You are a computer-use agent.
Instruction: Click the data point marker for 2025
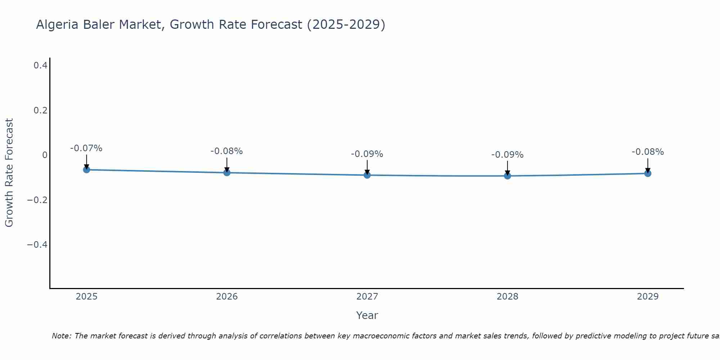pyautogui.click(x=86, y=170)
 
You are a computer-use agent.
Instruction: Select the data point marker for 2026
pyautogui.click(x=227, y=172)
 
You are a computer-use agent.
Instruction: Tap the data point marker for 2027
pyautogui.click(x=367, y=175)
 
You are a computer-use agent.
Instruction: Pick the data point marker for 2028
pyautogui.click(x=507, y=176)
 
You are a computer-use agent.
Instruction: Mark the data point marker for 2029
pyautogui.click(x=648, y=174)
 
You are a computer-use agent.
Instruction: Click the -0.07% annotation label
pyautogui.click(x=86, y=148)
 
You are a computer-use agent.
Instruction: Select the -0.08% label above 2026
pyautogui.click(x=227, y=151)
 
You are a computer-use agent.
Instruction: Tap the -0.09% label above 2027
pyautogui.click(x=367, y=154)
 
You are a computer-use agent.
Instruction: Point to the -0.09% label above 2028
pyautogui.click(x=507, y=155)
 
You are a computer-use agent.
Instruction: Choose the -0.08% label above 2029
pyautogui.click(x=648, y=152)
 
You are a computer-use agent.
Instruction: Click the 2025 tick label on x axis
pyautogui.click(x=86, y=297)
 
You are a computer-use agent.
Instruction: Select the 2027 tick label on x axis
pyautogui.click(x=367, y=297)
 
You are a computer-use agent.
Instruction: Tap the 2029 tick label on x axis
pyautogui.click(x=648, y=297)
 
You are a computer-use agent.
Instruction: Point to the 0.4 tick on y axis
pyautogui.click(x=40, y=65)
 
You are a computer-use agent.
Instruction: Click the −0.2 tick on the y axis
pyautogui.click(x=37, y=200)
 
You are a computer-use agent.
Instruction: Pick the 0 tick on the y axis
pyautogui.click(x=45, y=155)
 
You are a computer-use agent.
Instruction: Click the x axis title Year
pyautogui.click(x=367, y=315)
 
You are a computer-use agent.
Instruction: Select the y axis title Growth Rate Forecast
pyautogui.click(x=9, y=173)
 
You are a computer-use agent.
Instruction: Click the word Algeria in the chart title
pyautogui.click(x=57, y=24)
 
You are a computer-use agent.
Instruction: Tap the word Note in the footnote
pyautogui.click(x=61, y=336)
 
